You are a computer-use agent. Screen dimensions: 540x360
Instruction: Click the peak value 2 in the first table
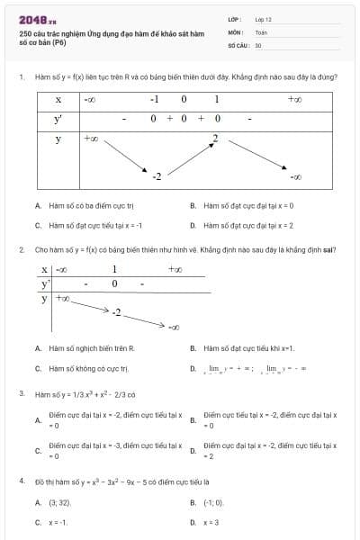pos(215,138)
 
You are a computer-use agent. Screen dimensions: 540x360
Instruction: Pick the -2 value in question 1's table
pos(156,175)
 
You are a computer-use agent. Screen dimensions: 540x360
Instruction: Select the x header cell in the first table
pos(58,99)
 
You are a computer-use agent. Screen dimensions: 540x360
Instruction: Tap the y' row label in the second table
pos(45,283)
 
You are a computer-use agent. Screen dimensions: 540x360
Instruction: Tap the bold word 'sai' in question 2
pos(329,249)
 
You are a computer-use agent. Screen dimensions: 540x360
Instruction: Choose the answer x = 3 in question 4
pos(211,522)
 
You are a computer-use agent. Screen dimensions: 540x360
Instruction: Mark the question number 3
pos(21,394)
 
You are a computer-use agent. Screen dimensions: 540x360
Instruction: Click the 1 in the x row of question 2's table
pos(114,269)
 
